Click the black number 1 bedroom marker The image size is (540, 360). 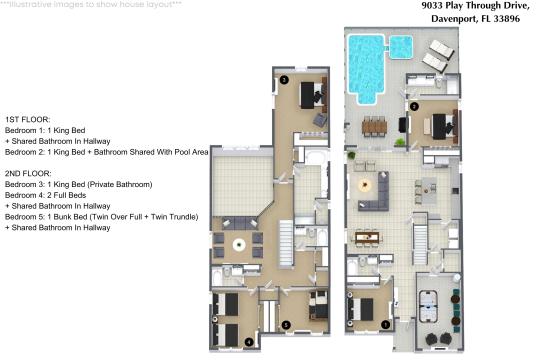(386, 324)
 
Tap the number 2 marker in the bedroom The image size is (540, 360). (414, 106)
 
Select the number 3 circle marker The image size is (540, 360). (284, 80)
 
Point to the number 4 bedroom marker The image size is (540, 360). (249, 342)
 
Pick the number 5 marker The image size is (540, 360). (286, 325)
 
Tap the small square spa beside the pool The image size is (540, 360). (401, 47)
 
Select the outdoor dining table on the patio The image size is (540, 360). (374, 126)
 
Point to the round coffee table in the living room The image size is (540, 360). (364, 186)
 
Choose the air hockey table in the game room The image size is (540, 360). (428, 306)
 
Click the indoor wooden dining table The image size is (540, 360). (367, 237)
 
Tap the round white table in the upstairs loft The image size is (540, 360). (239, 245)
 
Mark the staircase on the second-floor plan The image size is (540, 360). (286, 243)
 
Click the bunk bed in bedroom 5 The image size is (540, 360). (319, 305)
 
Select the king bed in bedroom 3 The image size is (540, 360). (313, 95)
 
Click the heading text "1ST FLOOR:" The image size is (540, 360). (28, 120)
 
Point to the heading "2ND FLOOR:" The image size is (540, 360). (28, 173)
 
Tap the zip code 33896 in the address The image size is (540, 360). (507, 19)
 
